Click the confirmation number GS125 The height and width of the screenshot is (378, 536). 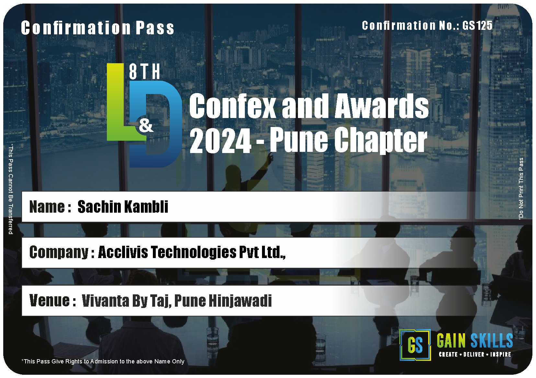(477, 26)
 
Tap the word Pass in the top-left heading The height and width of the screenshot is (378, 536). (155, 28)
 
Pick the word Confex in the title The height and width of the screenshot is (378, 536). (233, 106)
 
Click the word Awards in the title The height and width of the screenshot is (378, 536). (382, 106)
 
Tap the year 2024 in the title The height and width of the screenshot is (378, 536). (220, 140)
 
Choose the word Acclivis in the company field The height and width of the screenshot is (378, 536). (123, 252)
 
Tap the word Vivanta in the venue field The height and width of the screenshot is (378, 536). (106, 301)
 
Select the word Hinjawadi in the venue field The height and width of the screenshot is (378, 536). (240, 301)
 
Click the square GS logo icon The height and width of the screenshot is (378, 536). (415, 345)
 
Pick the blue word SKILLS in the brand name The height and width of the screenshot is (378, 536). (492, 340)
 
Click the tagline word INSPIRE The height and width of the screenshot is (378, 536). (501, 355)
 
